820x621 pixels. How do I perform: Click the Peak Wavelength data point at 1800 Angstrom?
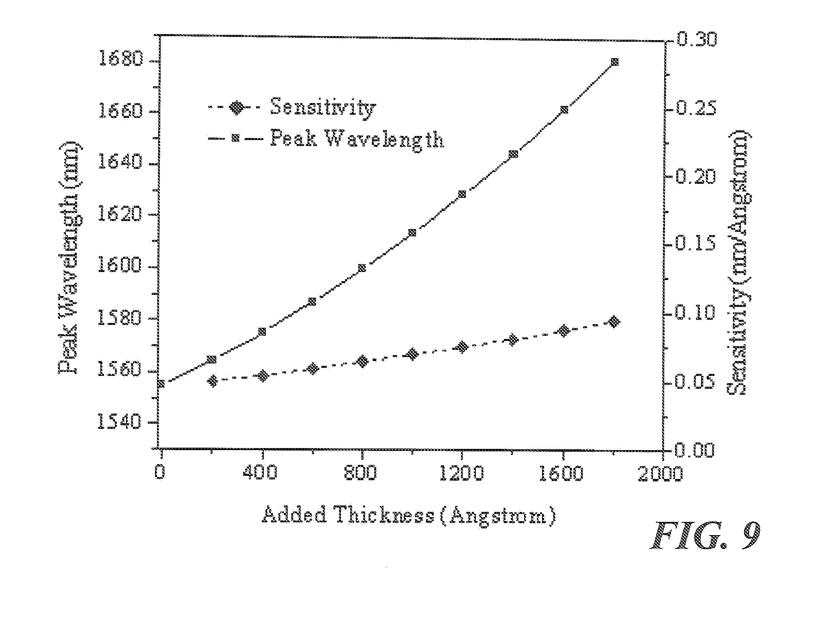click(x=614, y=62)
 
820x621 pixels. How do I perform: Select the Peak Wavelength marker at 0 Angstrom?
click(x=161, y=384)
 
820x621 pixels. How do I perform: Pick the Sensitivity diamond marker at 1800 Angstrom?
click(x=614, y=322)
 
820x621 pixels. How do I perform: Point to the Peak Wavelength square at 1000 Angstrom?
click(x=412, y=233)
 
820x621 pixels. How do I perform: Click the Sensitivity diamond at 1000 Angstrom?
click(x=412, y=354)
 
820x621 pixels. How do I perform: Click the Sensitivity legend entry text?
click(x=323, y=107)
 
